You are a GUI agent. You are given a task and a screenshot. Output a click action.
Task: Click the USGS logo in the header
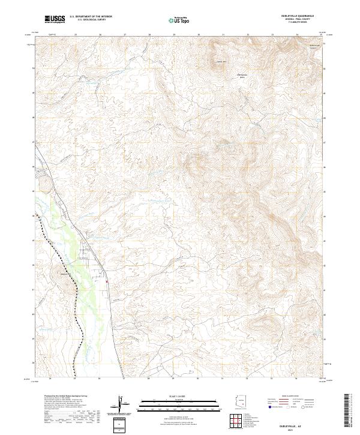tap(55, 20)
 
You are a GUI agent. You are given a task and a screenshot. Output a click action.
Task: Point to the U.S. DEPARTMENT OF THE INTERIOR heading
tap(91, 16)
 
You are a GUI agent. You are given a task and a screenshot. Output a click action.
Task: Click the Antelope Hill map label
tap(220, 62)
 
